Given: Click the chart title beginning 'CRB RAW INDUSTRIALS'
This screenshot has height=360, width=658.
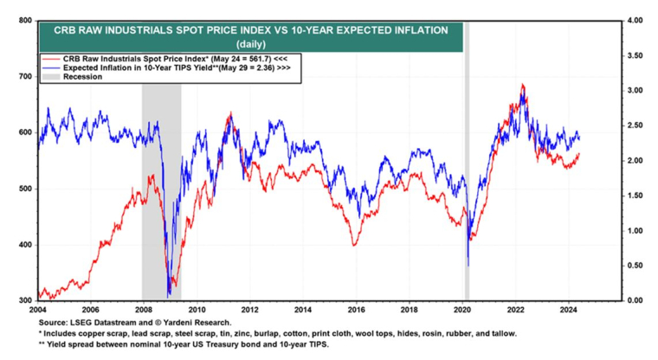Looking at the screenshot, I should click(250, 29).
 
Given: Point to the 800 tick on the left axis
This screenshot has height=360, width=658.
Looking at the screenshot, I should click(26, 20).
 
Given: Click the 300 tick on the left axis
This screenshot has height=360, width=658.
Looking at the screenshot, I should click(26, 300).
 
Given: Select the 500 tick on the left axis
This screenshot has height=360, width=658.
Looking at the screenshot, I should click(26, 189).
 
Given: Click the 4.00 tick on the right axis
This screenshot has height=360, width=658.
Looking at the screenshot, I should click(635, 20).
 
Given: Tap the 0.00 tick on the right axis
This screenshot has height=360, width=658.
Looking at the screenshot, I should click(635, 300).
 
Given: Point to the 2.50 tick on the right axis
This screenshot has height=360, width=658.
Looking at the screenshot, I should click(635, 125).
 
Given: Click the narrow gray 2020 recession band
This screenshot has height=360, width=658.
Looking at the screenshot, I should click(467, 173).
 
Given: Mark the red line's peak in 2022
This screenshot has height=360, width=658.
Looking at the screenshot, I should click(522, 85).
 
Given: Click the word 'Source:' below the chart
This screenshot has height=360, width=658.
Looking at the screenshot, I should click(53, 321).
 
